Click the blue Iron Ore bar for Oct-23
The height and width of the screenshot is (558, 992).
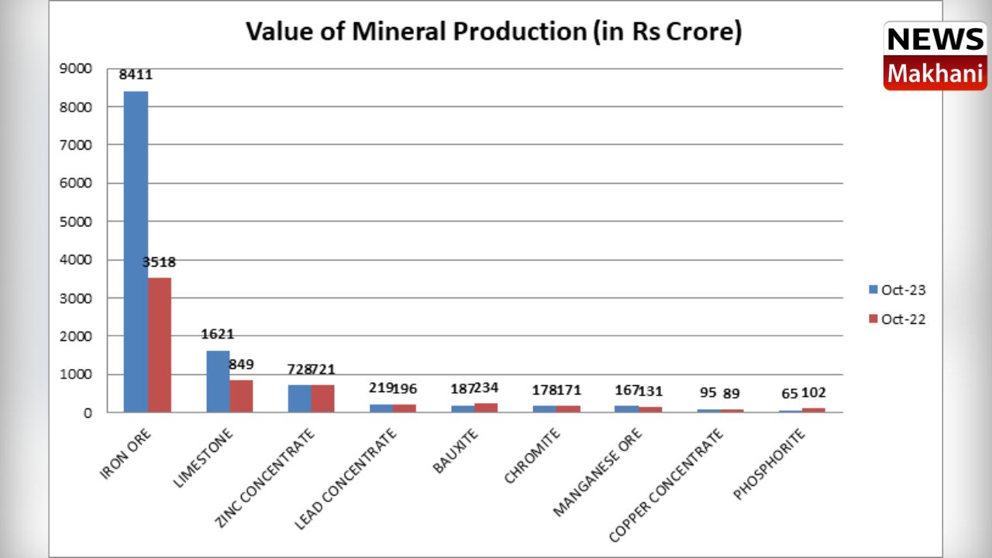click(136, 252)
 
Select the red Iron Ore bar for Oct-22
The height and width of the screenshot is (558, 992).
click(160, 345)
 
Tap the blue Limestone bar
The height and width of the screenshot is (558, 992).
click(218, 381)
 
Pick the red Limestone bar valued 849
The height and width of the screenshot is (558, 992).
click(241, 396)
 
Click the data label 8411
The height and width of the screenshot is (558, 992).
click(136, 75)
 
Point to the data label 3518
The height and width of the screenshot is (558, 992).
click(159, 262)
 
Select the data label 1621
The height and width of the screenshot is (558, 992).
click(218, 335)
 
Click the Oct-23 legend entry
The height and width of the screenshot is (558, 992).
click(897, 290)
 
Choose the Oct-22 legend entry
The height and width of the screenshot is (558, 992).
click(897, 319)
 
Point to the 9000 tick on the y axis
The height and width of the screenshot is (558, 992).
click(76, 68)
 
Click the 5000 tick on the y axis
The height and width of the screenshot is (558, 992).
click(76, 222)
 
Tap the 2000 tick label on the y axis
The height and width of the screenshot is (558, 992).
click(76, 336)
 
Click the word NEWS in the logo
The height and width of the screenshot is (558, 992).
click(935, 40)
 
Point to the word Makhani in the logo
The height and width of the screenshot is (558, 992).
click(935, 74)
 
